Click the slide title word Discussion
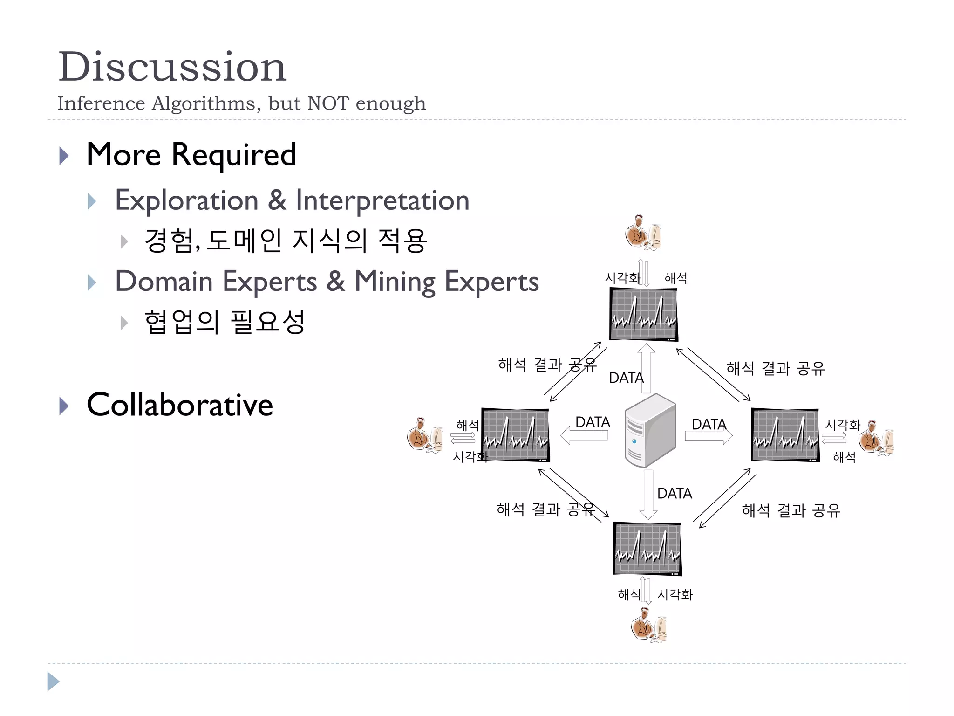tap(172, 67)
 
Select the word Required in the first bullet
tap(234, 155)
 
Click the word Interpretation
tap(382, 200)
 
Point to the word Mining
tap(395, 282)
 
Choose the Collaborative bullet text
tap(180, 405)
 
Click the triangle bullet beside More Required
tap(64, 156)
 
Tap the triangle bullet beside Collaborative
tap(64, 406)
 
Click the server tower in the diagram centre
tap(650, 430)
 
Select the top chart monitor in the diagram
tap(644, 314)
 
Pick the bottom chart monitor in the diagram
tap(647, 549)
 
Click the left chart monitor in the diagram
tap(516, 435)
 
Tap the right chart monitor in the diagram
tap(785, 435)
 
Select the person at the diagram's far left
tap(424, 435)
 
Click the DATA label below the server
tap(675, 493)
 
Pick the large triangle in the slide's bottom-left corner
tap(53, 682)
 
